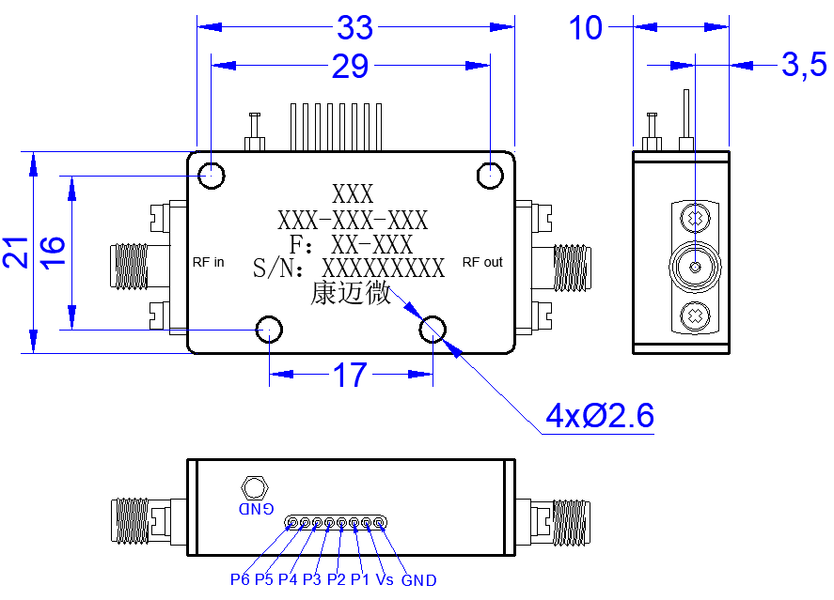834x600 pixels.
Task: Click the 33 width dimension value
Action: (x=354, y=27)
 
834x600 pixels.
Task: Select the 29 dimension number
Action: (x=350, y=67)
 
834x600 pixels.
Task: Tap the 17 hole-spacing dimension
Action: (x=350, y=375)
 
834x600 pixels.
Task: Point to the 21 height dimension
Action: (x=15, y=253)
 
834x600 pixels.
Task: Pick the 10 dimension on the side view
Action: (x=586, y=27)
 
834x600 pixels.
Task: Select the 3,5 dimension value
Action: (x=804, y=65)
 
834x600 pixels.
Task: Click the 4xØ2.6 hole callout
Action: (x=600, y=415)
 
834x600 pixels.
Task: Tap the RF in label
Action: (x=208, y=262)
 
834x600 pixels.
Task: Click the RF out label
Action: (x=482, y=262)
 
